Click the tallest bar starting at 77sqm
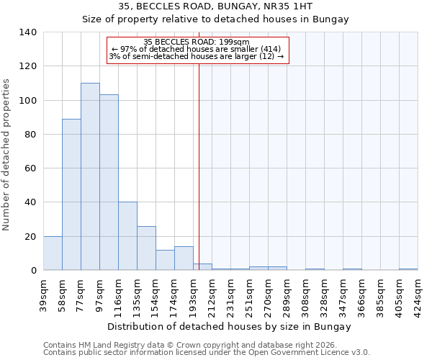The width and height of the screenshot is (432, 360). pyautogui.click(x=90, y=176)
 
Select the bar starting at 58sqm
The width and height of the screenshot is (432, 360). pyautogui.click(x=71, y=194)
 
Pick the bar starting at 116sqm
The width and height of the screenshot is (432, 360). pyautogui.click(x=127, y=236)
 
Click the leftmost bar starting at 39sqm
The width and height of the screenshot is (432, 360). pyautogui.click(x=53, y=253)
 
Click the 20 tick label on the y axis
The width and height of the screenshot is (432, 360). pyautogui.click(x=30, y=236)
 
